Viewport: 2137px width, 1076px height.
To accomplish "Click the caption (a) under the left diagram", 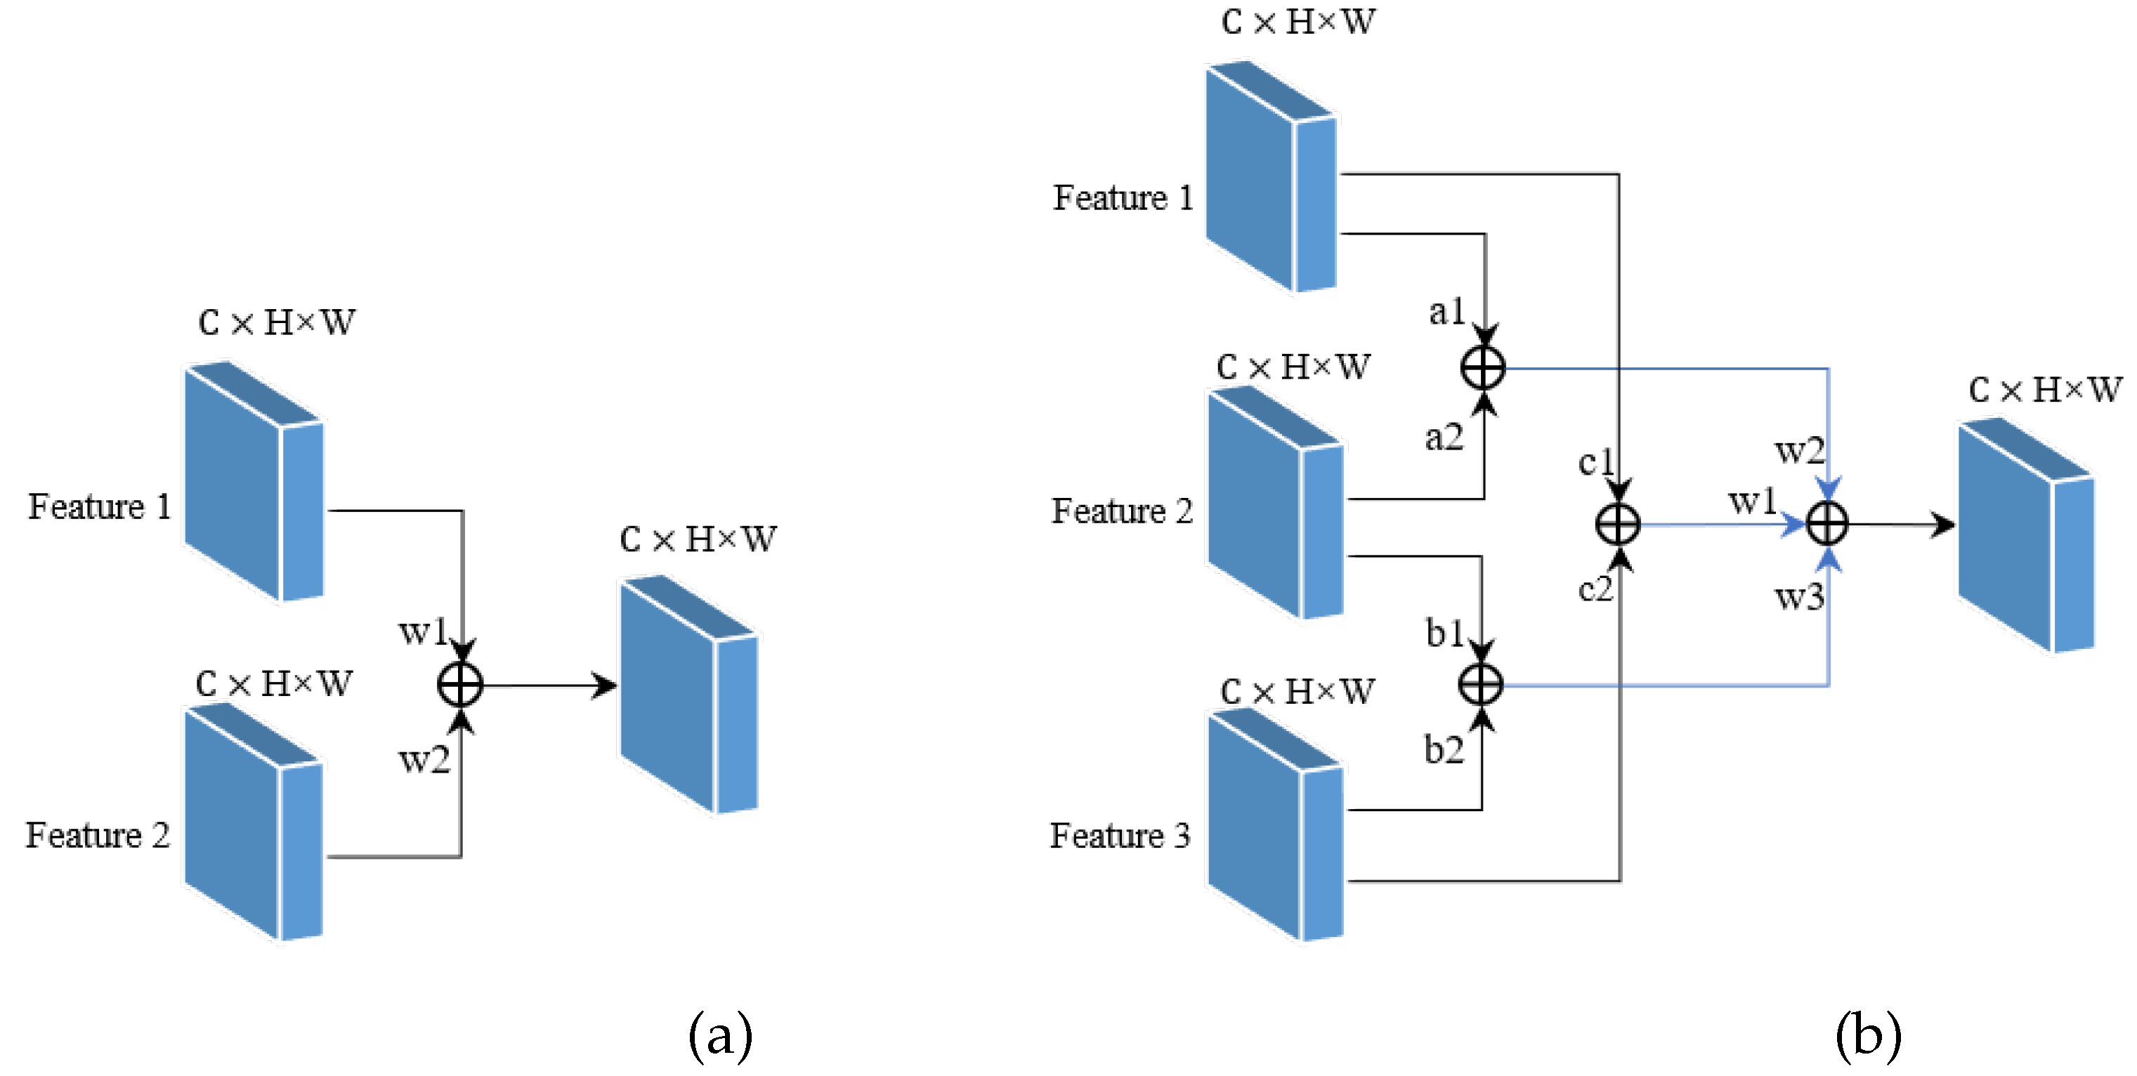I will (720, 1035).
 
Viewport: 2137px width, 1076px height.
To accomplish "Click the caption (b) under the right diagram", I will (1868, 1035).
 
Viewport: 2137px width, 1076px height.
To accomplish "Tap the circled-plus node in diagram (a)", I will (460, 685).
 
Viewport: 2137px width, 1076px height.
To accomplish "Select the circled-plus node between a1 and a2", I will (1483, 367).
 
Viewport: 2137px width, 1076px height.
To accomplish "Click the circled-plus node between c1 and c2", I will (1619, 525).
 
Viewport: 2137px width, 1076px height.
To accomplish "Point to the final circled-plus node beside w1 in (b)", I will (1828, 525).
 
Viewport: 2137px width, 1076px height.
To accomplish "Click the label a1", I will (1446, 312).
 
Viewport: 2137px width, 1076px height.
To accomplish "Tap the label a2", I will (1444, 437).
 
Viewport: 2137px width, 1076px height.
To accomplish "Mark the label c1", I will (1595, 462).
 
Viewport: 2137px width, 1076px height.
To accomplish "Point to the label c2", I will (1595, 590).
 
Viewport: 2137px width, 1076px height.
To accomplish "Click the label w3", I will (1799, 596).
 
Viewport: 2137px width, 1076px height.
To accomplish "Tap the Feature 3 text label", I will (1120, 835).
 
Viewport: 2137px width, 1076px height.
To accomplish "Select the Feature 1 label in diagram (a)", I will (100, 506).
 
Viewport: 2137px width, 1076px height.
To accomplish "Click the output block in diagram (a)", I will (688, 695).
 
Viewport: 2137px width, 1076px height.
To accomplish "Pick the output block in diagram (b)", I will (2026, 535).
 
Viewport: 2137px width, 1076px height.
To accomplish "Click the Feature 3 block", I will (1275, 825).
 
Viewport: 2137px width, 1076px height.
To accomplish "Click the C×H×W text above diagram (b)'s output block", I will (2045, 389).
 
